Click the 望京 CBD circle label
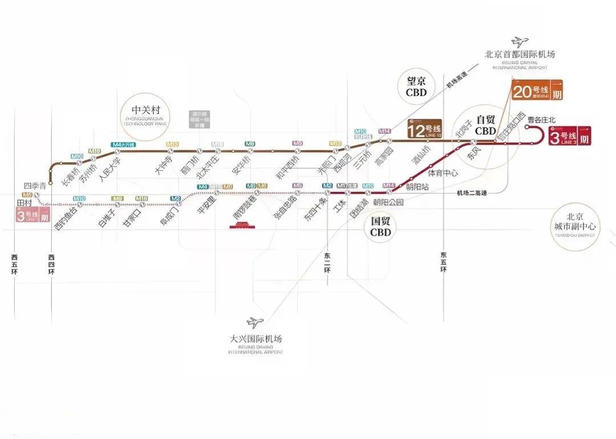coord(416,87)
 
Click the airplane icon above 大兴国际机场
coord(254,323)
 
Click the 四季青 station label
coord(34,186)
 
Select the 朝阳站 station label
coord(417,187)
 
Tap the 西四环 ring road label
coord(51,265)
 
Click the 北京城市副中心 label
coord(574,222)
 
